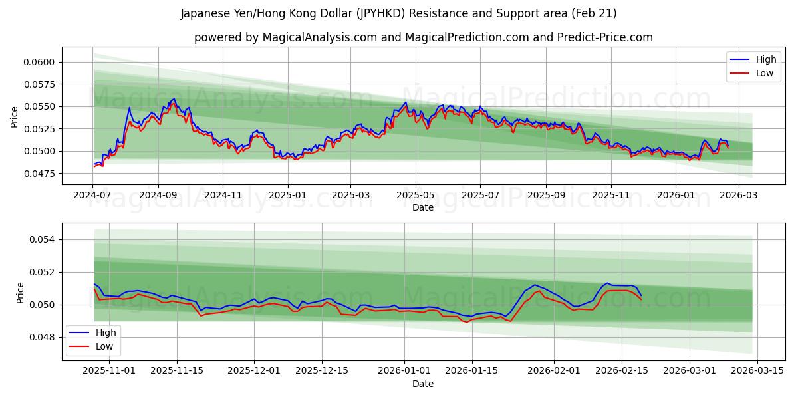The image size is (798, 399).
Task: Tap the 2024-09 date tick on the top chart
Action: (x=158, y=195)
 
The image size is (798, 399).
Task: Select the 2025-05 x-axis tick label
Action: (x=416, y=195)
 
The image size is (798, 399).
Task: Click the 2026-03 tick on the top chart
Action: (x=739, y=195)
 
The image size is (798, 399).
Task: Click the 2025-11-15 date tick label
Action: (x=177, y=370)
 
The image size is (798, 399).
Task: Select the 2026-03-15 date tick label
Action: (x=757, y=370)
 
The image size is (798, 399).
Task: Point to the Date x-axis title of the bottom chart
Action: (x=423, y=384)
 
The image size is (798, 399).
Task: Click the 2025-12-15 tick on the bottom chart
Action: (x=322, y=370)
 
